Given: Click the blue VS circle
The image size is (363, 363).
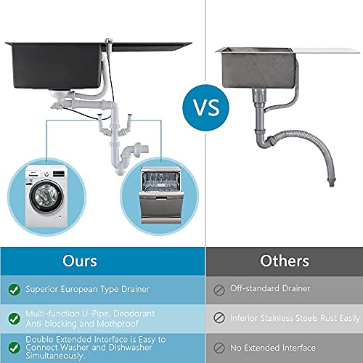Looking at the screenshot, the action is (205, 107).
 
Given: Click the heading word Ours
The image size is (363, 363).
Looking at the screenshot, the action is (80, 261).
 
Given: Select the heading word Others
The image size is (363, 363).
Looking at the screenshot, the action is (285, 261).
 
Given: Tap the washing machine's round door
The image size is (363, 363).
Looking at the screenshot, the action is (46, 195).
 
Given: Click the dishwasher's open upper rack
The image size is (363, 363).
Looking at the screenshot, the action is (160, 181).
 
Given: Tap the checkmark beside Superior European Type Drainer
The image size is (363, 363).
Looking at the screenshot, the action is (15, 290).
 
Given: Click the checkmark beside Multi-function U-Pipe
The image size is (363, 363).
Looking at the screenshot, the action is (15, 319).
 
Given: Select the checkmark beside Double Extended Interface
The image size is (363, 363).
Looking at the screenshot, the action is (15, 348).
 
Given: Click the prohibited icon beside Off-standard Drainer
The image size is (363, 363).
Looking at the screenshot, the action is (219, 290).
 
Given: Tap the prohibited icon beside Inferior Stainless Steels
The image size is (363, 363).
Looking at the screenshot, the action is (219, 318).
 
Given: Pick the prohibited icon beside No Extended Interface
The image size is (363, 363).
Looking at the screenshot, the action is (219, 348).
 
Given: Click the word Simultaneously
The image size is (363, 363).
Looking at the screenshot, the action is (55, 356).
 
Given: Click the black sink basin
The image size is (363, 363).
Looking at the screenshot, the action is (57, 65).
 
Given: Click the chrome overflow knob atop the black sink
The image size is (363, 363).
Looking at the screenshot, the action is (110, 41).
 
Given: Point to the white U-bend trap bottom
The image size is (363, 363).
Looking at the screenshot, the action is (121, 171).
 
